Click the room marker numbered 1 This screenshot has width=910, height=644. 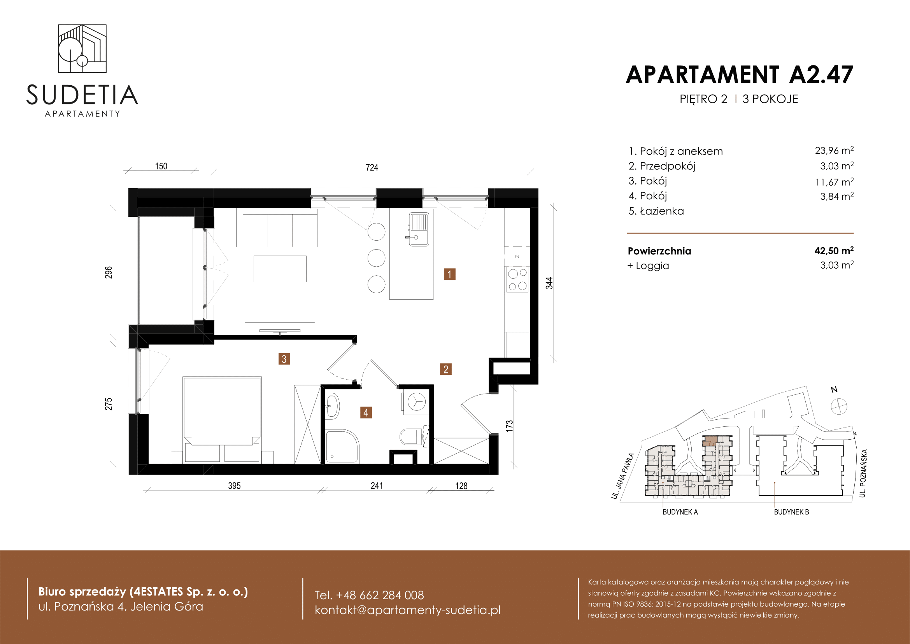pos(449,274)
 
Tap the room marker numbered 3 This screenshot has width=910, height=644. pos(284,359)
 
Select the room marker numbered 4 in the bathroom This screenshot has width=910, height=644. pos(366,413)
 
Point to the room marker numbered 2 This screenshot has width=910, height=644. pos(446,370)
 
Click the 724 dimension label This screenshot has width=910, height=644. pos(372,167)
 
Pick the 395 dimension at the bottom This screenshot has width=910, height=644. pos(234,486)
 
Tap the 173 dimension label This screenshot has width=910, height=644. pos(509,426)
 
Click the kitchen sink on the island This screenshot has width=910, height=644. pos(419,229)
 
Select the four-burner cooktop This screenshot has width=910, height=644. pos(517,280)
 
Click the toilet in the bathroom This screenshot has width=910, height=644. pos(410,436)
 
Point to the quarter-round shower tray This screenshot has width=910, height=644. pos(342,447)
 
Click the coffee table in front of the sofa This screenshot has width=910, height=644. pos(280,269)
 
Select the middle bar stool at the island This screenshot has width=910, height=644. pos(376,258)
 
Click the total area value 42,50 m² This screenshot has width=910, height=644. pos(834,251)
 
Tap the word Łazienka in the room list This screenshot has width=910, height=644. pos(662,211)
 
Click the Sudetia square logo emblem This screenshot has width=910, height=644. pos(82,48)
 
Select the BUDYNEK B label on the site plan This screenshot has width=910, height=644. pos(791,512)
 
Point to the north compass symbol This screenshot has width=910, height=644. pos(839,406)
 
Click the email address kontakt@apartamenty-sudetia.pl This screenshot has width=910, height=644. pos(407,610)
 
